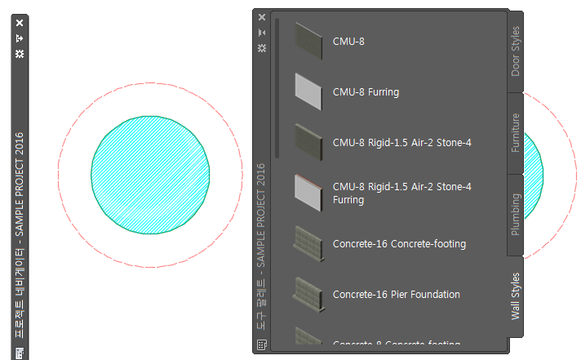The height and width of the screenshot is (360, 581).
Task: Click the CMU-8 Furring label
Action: [366, 92]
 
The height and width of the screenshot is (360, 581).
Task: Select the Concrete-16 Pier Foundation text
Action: [396, 295]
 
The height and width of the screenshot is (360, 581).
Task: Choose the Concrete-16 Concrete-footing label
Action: [399, 244]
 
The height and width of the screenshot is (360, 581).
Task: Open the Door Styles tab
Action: [516, 51]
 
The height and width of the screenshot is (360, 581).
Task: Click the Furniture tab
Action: [516, 132]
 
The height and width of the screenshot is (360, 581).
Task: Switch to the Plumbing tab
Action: [516, 214]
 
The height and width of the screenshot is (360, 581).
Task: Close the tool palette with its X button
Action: [262, 17]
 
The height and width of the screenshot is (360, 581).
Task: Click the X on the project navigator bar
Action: [20, 23]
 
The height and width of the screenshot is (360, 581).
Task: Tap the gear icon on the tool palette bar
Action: [262, 48]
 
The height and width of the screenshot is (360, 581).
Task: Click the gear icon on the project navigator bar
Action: [20, 53]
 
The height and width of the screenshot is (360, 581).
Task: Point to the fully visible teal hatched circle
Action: [150, 174]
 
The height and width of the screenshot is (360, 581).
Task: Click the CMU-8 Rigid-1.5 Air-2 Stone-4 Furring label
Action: [401, 193]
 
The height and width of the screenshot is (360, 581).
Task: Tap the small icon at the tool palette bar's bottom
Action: [262, 344]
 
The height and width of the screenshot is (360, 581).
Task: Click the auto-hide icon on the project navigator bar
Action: [20, 38]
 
